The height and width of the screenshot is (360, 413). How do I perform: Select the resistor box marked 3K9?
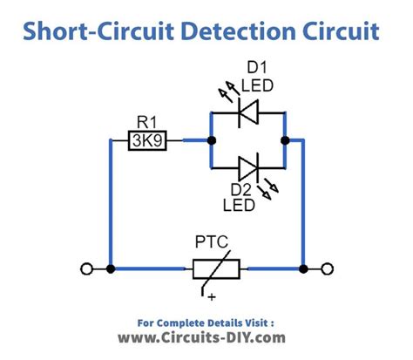tap(150, 139)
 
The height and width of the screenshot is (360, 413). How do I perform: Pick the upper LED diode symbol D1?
tap(248, 111)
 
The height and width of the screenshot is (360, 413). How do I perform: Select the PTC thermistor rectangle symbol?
tap(206, 268)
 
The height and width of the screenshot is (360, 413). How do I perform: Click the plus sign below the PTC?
tap(210, 299)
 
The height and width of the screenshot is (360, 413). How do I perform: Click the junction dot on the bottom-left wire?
tap(110, 269)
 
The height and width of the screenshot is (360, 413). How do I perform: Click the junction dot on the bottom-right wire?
tap(302, 269)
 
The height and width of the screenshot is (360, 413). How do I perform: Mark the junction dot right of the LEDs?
tap(285, 139)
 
